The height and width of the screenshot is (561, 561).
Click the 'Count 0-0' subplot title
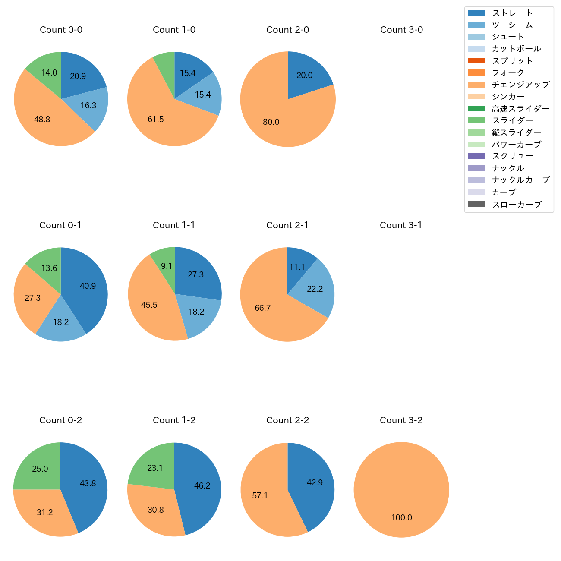pyautogui.click(x=61, y=30)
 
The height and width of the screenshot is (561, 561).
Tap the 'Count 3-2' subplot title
pyautogui.click(x=401, y=420)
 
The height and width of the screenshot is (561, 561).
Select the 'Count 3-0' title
pyautogui.click(x=401, y=30)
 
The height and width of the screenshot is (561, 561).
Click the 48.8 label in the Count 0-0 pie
pyautogui.click(x=42, y=120)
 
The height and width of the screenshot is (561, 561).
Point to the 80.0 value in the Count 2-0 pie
pyautogui.click(x=271, y=122)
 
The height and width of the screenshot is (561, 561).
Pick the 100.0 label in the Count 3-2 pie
pyautogui.click(x=401, y=518)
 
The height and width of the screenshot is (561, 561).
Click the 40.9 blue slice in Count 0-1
pyautogui.click(x=88, y=286)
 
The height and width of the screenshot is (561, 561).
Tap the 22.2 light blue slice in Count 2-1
pyautogui.click(x=315, y=289)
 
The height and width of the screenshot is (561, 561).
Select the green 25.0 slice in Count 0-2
pyautogui.click(x=40, y=469)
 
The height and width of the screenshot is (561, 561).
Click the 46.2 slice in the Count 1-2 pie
pyautogui.click(x=202, y=486)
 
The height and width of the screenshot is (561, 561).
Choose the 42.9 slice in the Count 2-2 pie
pyautogui.click(x=315, y=483)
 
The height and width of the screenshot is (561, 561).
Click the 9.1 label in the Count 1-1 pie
pyautogui.click(x=167, y=266)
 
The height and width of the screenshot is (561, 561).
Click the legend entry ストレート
pyautogui.click(x=512, y=13)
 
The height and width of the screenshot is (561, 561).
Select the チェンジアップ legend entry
pyautogui.click(x=520, y=85)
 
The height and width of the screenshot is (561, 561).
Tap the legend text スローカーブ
pyautogui.click(x=517, y=205)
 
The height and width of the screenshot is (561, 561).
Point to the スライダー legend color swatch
pyautogui.click(x=476, y=120)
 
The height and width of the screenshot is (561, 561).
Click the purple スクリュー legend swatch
pyautogui.click(x=476, y=156)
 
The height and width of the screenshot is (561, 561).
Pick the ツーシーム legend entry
pyautogui.click(x=512, y=25)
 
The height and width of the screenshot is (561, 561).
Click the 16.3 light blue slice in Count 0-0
pyautogui.click(x=88, y=106)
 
